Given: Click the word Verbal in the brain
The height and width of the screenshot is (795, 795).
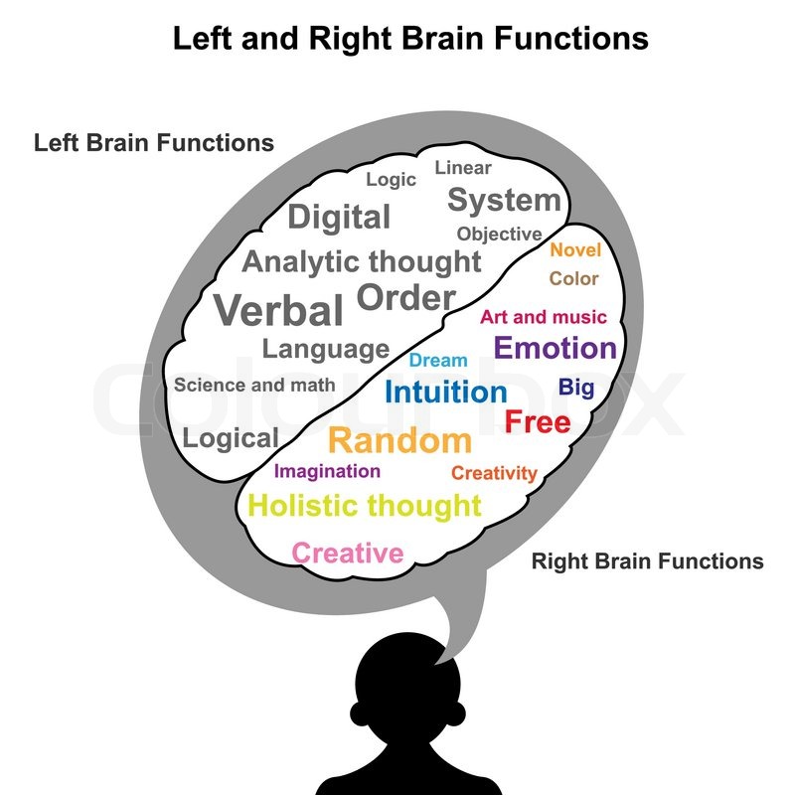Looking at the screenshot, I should [x=279, y=311].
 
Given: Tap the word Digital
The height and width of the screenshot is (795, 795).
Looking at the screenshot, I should [x=339, y=217].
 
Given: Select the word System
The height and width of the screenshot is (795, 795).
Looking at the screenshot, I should [x=504, y=200].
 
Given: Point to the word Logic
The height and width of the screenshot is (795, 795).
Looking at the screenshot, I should [x=391, y=180].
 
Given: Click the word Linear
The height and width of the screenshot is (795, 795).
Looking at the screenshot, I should [x=463, y=168].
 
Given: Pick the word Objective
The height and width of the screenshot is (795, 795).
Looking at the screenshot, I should [x=499, y=235].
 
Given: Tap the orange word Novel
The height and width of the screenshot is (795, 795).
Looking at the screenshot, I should [x=575, y=250].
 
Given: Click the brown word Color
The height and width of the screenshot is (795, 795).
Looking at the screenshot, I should [x=573, y=278].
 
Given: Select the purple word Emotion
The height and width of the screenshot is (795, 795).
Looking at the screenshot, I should [x=555, y=348].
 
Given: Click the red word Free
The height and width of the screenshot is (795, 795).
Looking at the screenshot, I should [x=538, y=422].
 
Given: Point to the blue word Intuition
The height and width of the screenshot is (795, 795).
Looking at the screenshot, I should [x=445, y=392].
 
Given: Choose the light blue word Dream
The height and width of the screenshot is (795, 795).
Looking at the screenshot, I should [x=437, y=361].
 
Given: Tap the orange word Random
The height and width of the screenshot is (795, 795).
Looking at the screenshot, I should [x=399, y=439].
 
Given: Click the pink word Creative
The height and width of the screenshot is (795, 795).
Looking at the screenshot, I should [x=348, y=554].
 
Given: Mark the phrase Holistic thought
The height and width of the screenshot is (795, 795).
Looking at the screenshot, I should [x=364, y=506].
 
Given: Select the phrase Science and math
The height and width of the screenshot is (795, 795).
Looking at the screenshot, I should [x=254, y=385].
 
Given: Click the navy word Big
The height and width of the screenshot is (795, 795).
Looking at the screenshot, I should [x=576, y=387].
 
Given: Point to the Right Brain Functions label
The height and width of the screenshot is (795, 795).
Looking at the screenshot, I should [x=647, y=561].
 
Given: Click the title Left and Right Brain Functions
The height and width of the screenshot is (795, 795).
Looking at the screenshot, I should [x=410, y=39].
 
